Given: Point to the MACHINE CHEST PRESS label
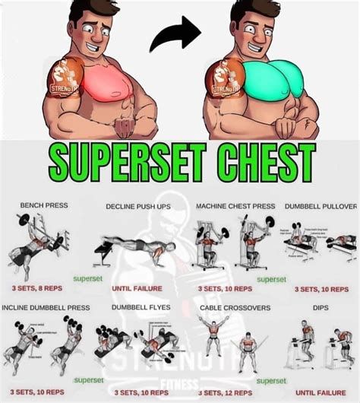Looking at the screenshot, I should pyautogui.click(x=235, y=206).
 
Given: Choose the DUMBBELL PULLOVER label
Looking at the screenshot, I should pyautogui.click(x=321, y=206).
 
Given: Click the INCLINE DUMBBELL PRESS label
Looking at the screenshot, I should pyautogui.click(x=46, y=307).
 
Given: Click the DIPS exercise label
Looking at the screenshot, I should pyautogui.click(x=321, y=307).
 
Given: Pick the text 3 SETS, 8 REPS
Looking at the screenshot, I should pyautogui.click(x=37, y=289).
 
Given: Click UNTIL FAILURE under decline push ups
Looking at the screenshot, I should pyautogui.click(x=137, y=289).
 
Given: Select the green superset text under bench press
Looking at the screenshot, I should pyautogui.click(x=87, y=279).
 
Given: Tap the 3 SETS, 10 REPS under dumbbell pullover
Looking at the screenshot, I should pyautogui.click(x=320, y=289).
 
